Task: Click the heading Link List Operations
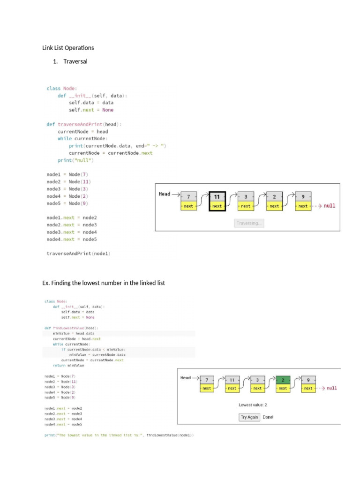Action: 68,48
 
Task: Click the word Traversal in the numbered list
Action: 75,61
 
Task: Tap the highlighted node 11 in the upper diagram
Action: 217,197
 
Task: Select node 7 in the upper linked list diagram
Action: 188,197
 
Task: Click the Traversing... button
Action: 249,223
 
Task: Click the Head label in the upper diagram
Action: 165,194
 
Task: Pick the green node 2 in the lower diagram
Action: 283,380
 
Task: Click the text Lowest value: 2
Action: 253,405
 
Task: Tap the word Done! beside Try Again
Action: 268,417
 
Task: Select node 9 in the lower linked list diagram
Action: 308,380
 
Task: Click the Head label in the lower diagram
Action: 186,377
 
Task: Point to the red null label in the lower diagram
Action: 331,388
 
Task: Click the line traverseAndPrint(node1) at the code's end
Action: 78,254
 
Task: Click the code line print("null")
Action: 75,160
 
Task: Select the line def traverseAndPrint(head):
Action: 84,124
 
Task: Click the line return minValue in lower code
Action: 68,365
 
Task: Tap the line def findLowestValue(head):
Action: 72,328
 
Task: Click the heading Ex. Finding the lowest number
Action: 104,283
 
